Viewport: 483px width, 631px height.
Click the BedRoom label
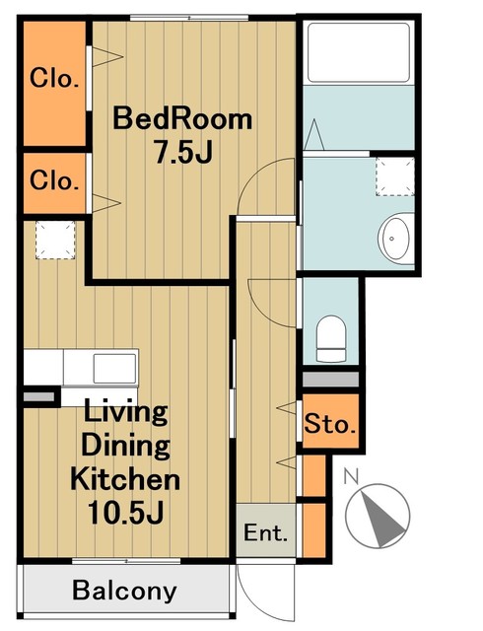point(182,118)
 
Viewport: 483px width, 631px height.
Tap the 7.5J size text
point(183,153)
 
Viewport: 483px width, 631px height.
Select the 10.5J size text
point(125,513)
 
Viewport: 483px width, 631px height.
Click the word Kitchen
point(125,478)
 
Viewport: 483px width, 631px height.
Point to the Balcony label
point(125,591)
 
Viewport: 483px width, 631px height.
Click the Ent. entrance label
point(266,532)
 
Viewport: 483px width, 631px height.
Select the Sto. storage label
point(330,423)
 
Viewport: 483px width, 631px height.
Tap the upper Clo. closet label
point(54,78)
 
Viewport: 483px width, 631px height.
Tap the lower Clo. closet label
point(54,180)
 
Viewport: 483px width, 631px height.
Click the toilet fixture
point(331,338)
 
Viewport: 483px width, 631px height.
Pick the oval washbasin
point(395,239)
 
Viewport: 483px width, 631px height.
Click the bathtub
point(359,52)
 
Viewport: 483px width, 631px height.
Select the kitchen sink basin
point(114,368)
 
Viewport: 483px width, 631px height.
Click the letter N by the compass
point(351,476)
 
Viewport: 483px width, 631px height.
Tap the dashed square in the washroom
point(395,177)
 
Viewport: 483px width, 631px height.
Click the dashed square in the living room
point(55,240)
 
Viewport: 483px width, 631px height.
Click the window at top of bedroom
point(189,18)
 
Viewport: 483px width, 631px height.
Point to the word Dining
point(125,446)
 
